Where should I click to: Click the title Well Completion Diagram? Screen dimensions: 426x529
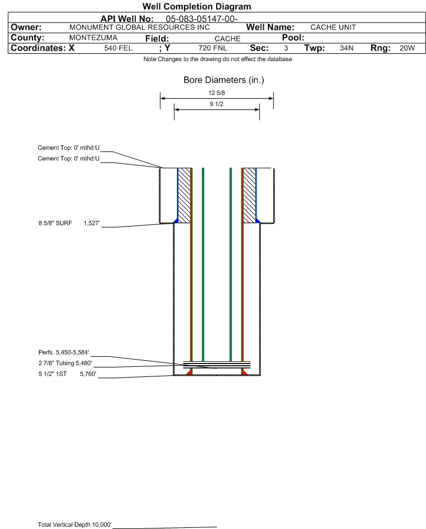tap(197, 6)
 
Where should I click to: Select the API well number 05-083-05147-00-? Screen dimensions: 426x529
tap(201, 19)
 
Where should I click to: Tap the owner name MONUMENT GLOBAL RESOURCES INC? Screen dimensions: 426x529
tap(139, 27)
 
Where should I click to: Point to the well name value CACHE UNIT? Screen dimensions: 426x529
tap(333, 27)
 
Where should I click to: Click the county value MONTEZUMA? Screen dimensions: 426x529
tap(93, 38)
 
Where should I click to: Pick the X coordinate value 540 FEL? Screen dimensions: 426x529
tap(118, 48)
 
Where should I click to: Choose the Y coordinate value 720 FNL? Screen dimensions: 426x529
tap(213, 48)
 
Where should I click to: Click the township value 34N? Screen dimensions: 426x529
tap(346, 48)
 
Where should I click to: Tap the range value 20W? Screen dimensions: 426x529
tap(407, 48)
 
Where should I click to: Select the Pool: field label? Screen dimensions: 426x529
tap(293, 38)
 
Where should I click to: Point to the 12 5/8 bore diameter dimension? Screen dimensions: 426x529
tap(217, 93)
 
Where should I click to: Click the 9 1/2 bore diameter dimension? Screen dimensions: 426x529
tap(217, 104)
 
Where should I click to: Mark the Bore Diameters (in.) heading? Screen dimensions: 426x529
tap(224, 80)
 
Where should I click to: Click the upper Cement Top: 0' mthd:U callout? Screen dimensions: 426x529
tap(68, 148)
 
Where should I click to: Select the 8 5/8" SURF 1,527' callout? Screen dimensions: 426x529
tap(69, 223)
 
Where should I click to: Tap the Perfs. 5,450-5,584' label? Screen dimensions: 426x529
tap(64, 352)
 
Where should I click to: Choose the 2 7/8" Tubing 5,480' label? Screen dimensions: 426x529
tap(65, 363)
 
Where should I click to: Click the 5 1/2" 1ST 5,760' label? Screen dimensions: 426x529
tap(67, 374)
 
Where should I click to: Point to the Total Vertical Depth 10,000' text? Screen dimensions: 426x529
tap(75, 525)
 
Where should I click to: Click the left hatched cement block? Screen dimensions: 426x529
tap(184, 195)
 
